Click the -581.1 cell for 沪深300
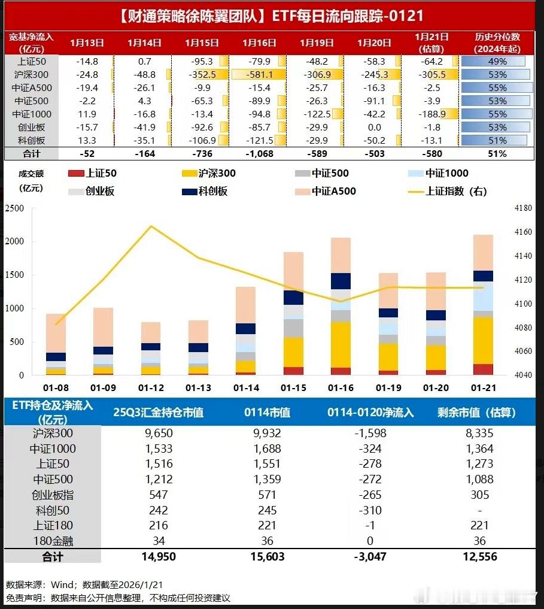point(259,75)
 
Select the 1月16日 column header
point(259,43)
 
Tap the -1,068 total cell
point(259,154)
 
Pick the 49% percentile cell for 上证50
point(496,62)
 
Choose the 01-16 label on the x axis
point(341,388)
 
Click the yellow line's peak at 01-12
point(151,226)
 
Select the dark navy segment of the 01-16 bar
point(341,281)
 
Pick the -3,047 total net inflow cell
point(370,557)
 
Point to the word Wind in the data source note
point(65,584)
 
